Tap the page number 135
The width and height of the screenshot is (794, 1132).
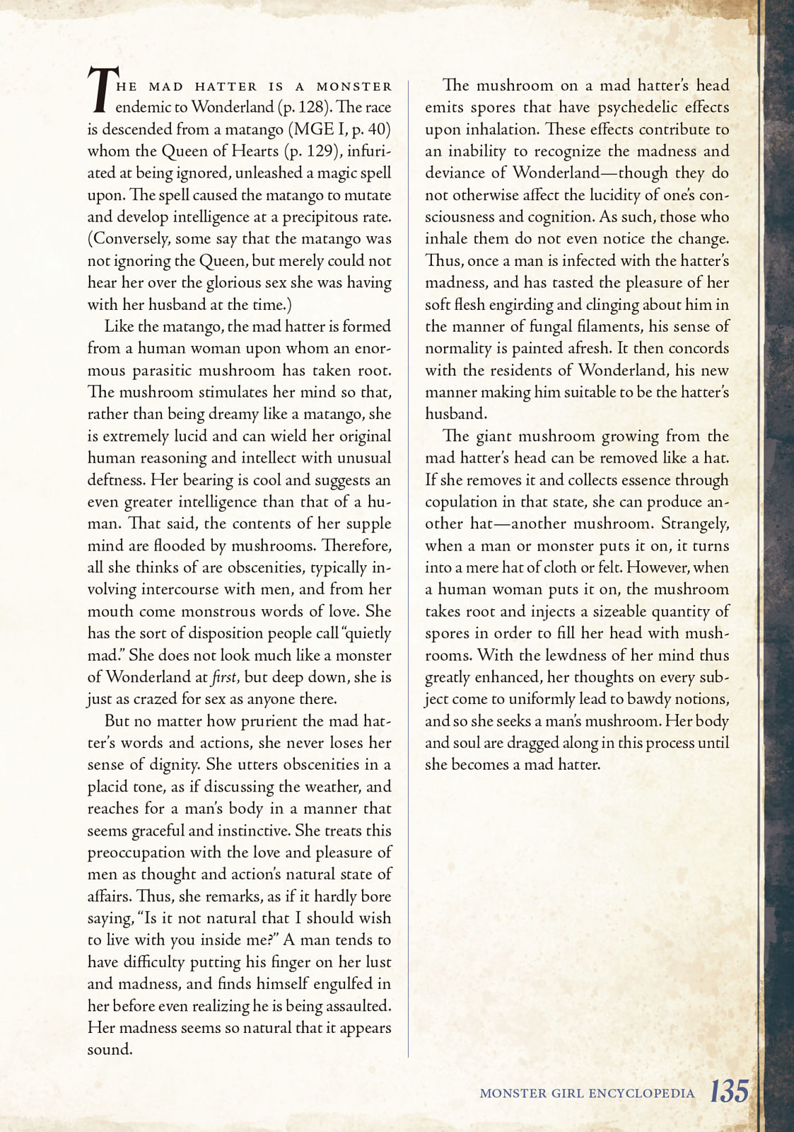pos(729,1091)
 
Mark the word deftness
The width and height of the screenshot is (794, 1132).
pos(117,480)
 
